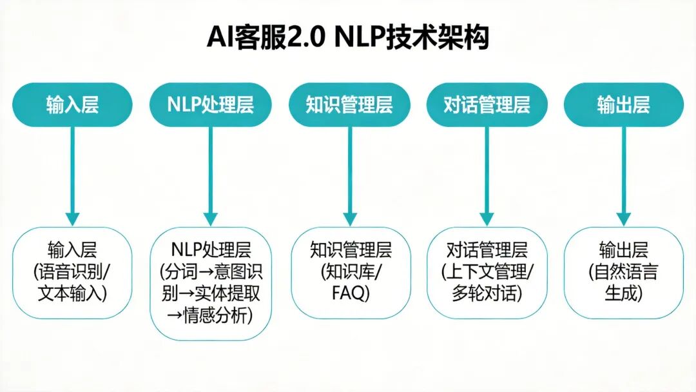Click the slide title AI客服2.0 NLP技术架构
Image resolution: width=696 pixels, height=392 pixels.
[x=348, y=37]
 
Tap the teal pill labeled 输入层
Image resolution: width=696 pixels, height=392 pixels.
[x=72, y=104]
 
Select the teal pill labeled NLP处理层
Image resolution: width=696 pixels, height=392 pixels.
[x=211, y=104]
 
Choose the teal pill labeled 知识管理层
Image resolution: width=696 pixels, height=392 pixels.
[x=349, y=104]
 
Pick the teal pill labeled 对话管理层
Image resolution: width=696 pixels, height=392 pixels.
[x=487, y=104]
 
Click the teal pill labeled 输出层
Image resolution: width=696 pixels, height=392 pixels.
[x=623, y=104]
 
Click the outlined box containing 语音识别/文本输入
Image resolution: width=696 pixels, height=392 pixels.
[x=72, y=272]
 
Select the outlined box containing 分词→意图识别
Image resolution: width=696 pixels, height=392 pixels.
[x=211, y=284]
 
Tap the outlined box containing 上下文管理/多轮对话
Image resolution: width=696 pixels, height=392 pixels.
[x=487, y=272]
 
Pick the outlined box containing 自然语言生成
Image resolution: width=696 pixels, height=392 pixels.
[x=623, y=272]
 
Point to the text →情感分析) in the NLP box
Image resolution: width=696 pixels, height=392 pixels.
[x=211, y=316]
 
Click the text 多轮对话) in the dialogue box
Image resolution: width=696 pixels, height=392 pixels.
[x=487, y=294]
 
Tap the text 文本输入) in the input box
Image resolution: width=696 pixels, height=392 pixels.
[x=72, y=294]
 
